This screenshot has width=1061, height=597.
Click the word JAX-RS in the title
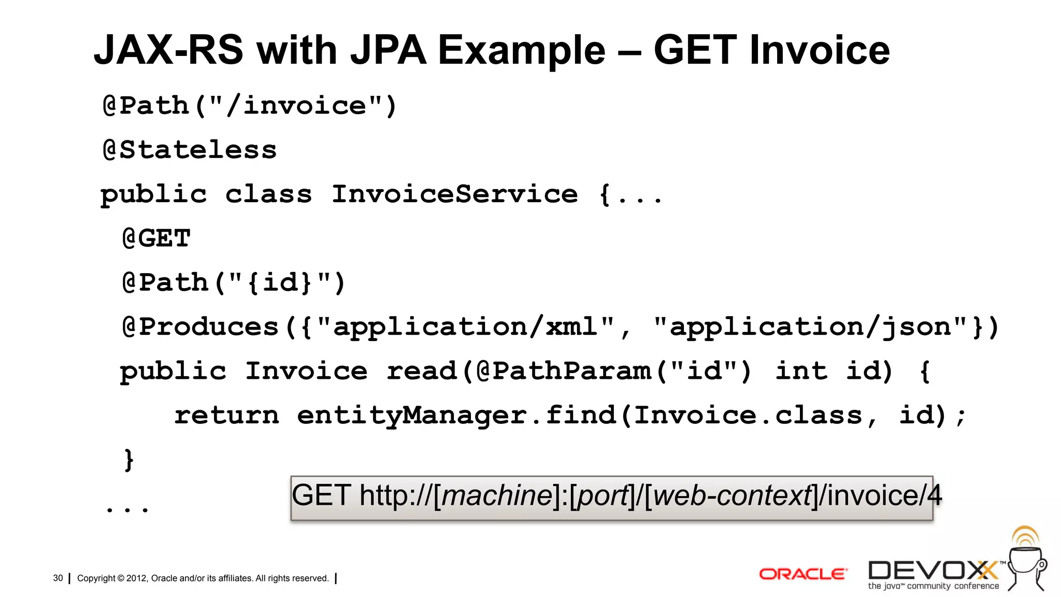coord(168,50)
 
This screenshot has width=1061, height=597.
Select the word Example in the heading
coord(521,50)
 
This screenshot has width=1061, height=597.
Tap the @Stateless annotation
coord(190,150)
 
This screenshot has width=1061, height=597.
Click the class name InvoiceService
coord(454,194)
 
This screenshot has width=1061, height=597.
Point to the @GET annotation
coord(156,239)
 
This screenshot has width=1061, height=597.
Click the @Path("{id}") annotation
coord(234,283)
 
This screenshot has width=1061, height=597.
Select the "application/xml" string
coord(465,327)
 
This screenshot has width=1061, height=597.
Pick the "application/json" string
coord(811,327)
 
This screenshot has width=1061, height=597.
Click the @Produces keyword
coord(201,327)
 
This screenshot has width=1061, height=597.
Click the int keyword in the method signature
coord(801,371)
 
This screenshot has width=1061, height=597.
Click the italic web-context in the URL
coord(732,495)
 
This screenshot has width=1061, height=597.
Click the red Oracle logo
coord(803,574)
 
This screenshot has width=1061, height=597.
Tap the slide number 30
coord(58,578)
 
